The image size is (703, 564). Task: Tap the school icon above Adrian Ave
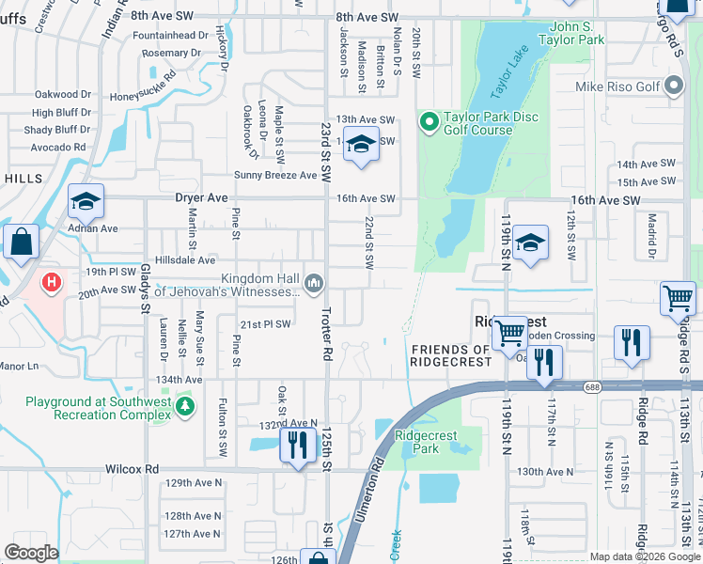(x=86, y=201)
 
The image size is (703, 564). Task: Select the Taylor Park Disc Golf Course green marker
(x=430, y=120)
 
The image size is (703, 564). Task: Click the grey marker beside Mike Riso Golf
(x=673, y=87)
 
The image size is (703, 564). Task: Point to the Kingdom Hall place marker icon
(x=314, y=281)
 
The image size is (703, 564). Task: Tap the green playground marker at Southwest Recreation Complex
(x=186, y=406)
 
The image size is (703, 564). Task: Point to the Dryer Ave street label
(x=201, y=198)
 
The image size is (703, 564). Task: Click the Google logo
(x=31, y=552)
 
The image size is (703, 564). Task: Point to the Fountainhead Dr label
(x=170, y=35)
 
